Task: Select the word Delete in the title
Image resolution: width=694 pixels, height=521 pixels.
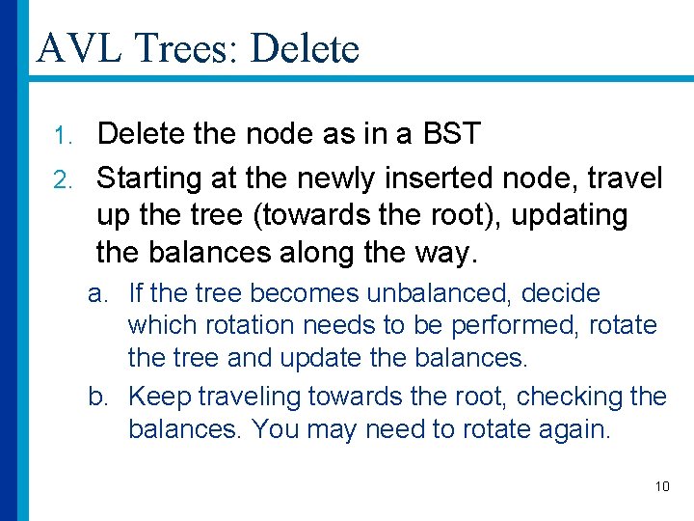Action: point(304,47)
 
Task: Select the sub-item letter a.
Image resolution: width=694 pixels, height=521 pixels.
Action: point(97,293)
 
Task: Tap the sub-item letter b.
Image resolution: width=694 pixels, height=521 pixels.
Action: point(97,396)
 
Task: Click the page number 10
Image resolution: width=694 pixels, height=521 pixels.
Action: point(662,486)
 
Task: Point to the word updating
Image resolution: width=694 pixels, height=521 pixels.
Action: point(569,215)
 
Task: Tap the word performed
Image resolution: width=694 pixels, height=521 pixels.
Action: point(516,325)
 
